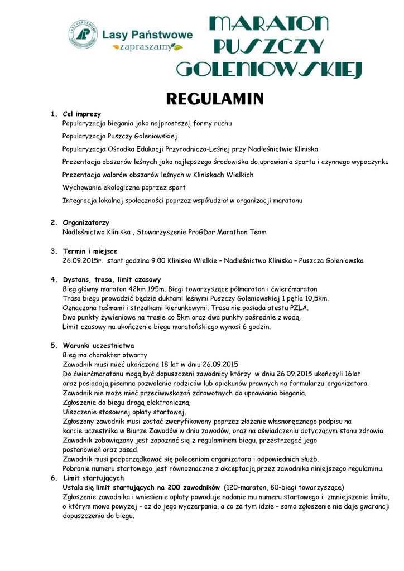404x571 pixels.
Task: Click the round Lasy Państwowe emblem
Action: (83, 34)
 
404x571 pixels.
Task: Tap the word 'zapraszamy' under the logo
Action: (146, 47)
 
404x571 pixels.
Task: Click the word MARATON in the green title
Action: (268, 24)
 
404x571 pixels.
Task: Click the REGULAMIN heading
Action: (215, 99)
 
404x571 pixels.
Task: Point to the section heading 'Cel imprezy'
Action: (82, 114)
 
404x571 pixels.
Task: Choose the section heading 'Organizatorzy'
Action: (86, 222)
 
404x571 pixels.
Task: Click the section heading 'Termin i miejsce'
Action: (90, 251)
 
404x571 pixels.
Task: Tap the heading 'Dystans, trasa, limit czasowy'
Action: (112, 279)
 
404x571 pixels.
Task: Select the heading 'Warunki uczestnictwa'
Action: (98, 346)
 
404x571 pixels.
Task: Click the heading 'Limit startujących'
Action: (93, 478)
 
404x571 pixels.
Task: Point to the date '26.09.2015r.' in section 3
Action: (83, 260)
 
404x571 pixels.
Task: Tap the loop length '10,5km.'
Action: (315, 298)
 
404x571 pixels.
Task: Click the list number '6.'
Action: (53, 478)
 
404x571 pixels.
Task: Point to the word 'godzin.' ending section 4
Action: (258, 327)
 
